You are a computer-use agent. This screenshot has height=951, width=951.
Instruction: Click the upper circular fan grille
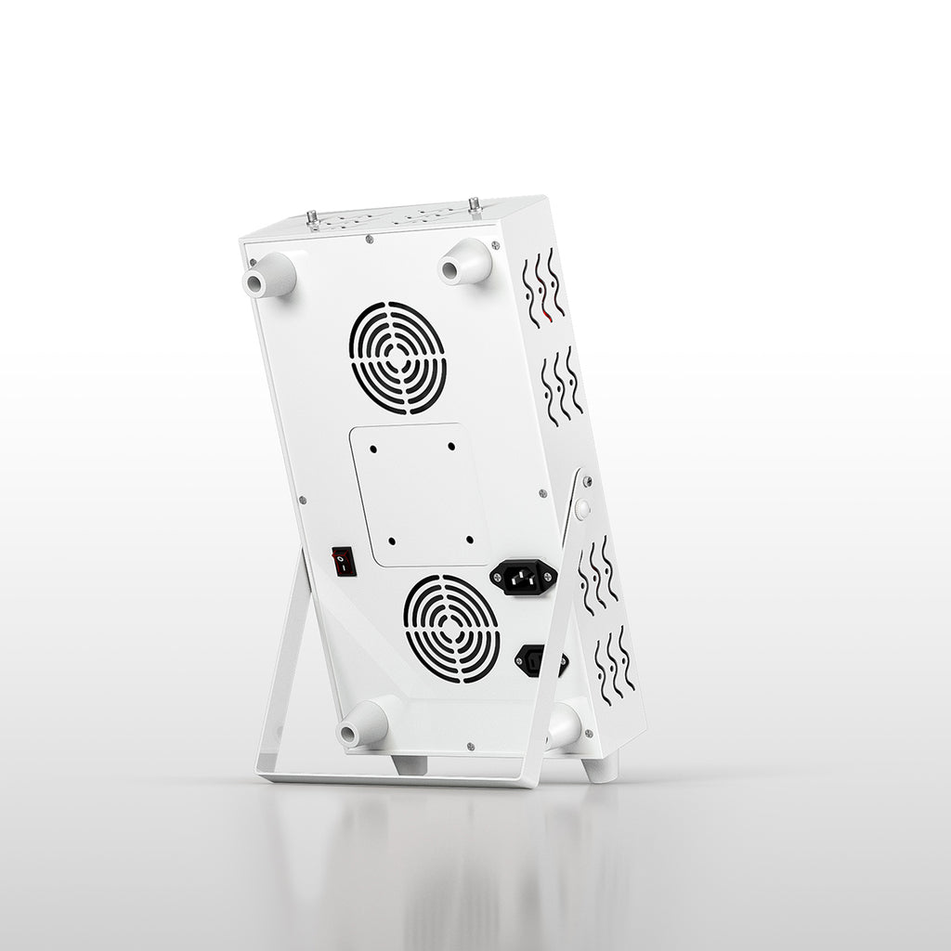tap(398, 358)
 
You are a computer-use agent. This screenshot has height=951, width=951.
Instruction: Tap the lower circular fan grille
tap(451, 629)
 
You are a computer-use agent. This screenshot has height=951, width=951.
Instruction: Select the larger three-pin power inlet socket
tap(523, 577)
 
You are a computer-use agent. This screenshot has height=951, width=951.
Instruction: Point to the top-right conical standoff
tap(465, 262)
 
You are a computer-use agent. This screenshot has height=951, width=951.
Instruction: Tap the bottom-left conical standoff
tap(362, 724)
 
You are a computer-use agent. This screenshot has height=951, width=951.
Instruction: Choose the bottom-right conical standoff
tap(563, 726)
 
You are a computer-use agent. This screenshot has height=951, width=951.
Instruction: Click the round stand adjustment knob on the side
tap(582, 509)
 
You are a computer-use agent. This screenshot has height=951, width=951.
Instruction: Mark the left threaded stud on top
tap(312, 218)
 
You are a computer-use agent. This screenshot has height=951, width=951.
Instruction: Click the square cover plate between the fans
tap(421, 495)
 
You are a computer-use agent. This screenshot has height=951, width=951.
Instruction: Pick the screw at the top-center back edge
tap(370, 239)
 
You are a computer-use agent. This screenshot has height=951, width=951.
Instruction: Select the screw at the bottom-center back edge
tap(470, 745)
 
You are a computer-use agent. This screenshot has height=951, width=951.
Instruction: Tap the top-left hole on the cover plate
tap(373, 448)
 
